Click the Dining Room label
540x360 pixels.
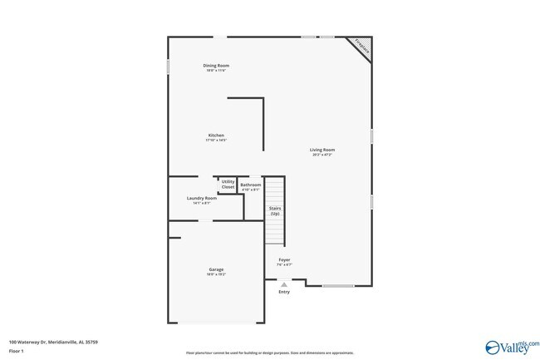point(217,65)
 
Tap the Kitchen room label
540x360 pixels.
point(216,136)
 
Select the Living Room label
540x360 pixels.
point(323,150)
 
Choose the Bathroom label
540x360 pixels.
point(250,185)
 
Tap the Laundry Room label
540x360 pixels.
point(202,198)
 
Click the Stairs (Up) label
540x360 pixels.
point(274,211)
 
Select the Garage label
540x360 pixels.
point(216,269)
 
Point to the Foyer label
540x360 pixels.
point(284,259)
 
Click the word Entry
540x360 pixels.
point(284,292)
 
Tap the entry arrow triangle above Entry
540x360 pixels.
point(284,284)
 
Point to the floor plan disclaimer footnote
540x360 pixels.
point(258,353)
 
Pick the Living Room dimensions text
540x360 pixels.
point(323,155)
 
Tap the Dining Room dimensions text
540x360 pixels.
point(217,70)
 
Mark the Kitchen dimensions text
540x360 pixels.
point(216,141)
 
